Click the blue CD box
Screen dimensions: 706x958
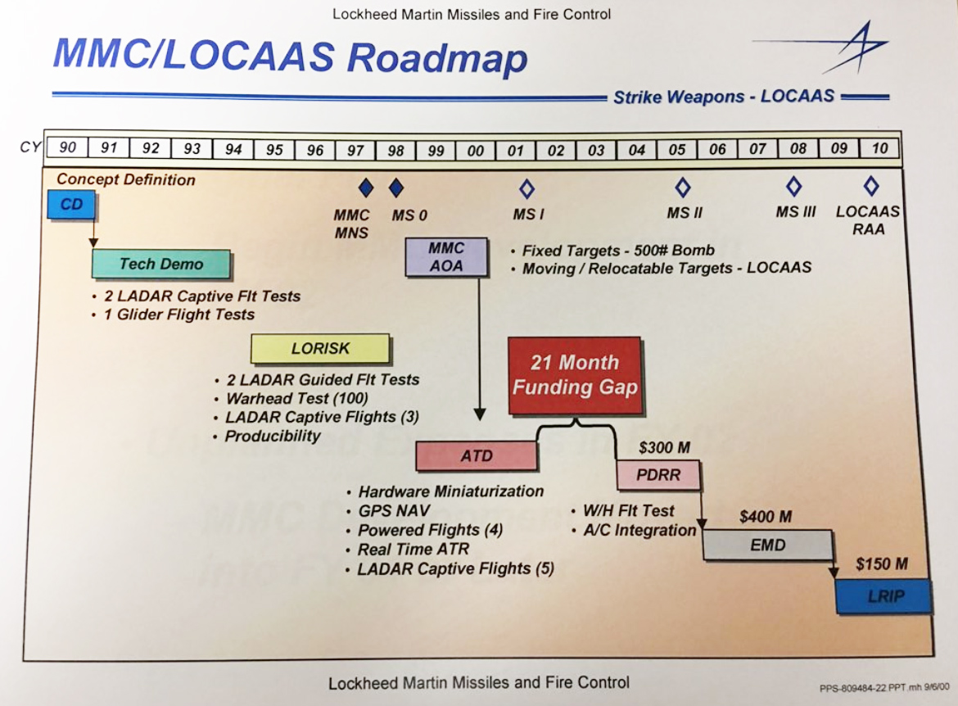[71, 204]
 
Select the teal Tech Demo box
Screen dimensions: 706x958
[161, 264]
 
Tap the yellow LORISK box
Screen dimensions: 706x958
[320, 348]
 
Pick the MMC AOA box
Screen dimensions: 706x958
[446, 256]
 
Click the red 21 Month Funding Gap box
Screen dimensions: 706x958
[575, 375]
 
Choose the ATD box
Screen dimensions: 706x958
[477, 456]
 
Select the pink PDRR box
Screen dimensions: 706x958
[659, 475]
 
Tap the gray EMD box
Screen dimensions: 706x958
[767, 545]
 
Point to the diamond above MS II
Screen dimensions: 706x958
[683, 188]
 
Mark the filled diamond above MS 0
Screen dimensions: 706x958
[396, 188]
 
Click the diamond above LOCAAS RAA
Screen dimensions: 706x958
[871, 187]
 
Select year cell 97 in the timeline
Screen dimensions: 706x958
[355, 149]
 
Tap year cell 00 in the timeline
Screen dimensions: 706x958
[476, 150]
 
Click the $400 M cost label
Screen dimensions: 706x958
[765, 517]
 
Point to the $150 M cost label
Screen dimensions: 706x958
[883, 564]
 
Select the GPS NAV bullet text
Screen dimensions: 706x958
[394, 510]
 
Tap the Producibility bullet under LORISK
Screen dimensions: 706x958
[273, 436]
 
